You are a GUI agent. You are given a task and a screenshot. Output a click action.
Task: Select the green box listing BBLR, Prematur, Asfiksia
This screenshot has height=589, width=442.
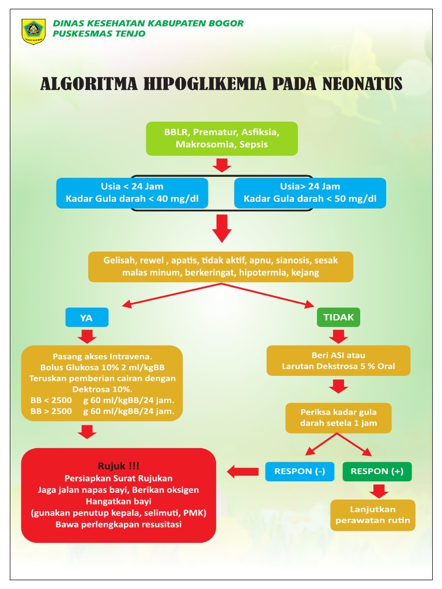pos(222,139)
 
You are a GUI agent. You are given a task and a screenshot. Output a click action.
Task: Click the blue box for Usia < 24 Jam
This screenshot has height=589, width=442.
pos(132,193)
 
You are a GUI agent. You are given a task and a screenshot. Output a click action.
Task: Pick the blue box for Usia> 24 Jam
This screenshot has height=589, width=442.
pos(310,193)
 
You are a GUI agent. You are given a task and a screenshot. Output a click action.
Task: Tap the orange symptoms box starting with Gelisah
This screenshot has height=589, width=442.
pos(220,266)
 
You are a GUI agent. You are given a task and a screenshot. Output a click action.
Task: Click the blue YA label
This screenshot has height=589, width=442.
pos(86,317)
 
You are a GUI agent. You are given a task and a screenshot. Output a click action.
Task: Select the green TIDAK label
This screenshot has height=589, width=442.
pos(338,317)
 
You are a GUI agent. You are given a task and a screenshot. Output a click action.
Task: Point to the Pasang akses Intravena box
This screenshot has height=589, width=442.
pos(102,383)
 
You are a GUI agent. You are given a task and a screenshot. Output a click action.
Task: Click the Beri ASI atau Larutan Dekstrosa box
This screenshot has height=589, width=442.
pos(338,361)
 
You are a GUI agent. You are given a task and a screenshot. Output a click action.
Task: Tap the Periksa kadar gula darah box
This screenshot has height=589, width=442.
pos(338,418)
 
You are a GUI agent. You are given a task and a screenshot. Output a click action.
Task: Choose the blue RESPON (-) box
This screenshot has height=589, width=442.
pos(300,471)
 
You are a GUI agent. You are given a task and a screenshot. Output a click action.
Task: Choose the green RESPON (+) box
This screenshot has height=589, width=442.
pos(377,471)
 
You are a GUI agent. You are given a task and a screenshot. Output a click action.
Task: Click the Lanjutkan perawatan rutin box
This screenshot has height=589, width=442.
pos(373,515)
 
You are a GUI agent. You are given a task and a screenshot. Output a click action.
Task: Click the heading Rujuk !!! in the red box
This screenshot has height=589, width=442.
pos(118,465)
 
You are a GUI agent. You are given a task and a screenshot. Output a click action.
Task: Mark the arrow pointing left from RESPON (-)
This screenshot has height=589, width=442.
pos(242,472)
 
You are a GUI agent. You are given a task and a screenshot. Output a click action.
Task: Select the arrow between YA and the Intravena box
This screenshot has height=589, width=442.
pos(87,335)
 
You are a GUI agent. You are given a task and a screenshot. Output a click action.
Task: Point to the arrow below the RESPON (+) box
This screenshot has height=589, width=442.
pos(378,490)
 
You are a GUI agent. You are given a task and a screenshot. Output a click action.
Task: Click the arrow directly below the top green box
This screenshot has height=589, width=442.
pos(222,166)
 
